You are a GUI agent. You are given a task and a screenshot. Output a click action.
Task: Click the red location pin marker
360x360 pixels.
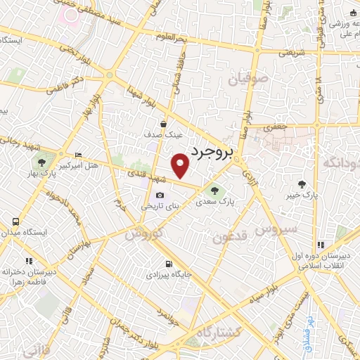[x=181, y=166]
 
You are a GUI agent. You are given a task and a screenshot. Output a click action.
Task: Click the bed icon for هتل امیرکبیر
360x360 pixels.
[x=78, y=155]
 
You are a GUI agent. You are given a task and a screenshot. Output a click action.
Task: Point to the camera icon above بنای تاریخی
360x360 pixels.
[x=160, y=195]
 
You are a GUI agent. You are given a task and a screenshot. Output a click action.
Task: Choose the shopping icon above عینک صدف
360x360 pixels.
[x=163, y=124]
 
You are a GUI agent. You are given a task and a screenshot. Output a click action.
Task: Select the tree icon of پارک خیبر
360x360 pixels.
[x=302, y=184]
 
